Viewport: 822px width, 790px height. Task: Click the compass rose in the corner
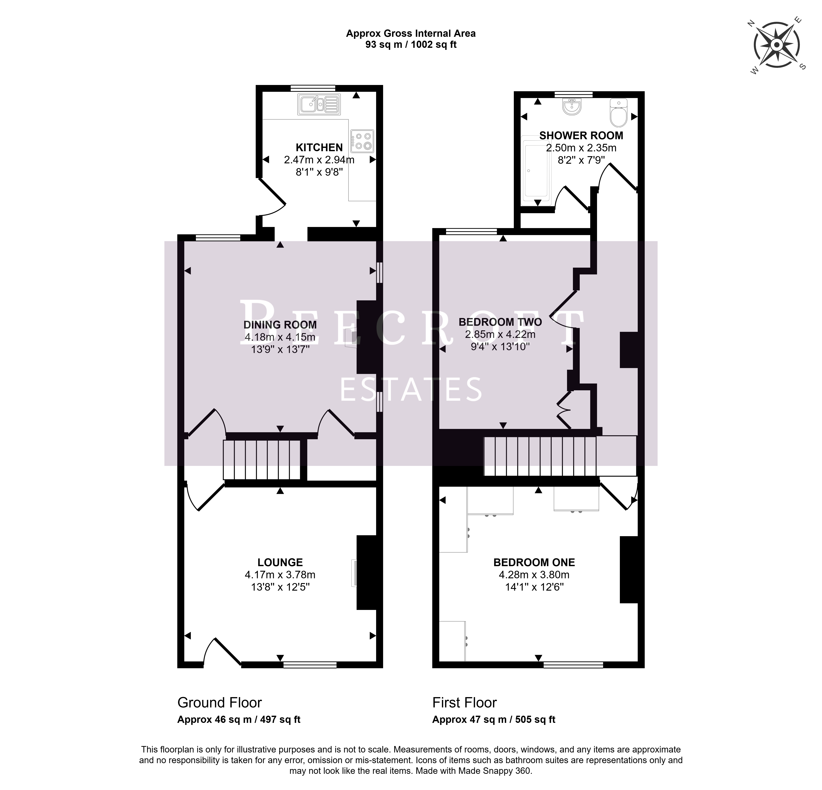click(x=777, y=45)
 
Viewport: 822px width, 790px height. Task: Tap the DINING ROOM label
click(x=280, y=325)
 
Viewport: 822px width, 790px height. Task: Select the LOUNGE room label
click(x=280, y=562)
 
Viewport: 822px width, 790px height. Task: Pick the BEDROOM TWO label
click(x=500, y=322)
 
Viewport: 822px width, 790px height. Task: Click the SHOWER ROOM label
click(x=581, y=135)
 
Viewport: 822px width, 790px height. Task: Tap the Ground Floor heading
click(x=220, y=702)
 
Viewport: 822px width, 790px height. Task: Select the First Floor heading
click(x=465, y=702)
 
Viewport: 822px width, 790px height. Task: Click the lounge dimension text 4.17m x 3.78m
click(x=280, y=575)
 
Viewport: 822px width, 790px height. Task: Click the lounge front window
click(x=310, y=665)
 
